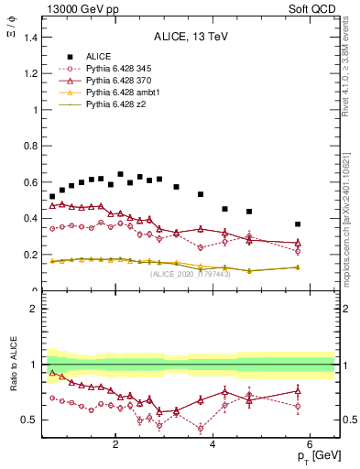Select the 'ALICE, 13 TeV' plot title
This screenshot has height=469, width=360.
tap(190, 37)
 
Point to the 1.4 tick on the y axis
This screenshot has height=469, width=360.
tap(30, 38)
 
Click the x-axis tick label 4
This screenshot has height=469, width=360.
tap(213, 445)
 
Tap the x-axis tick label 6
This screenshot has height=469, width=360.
tap(310, 445)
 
